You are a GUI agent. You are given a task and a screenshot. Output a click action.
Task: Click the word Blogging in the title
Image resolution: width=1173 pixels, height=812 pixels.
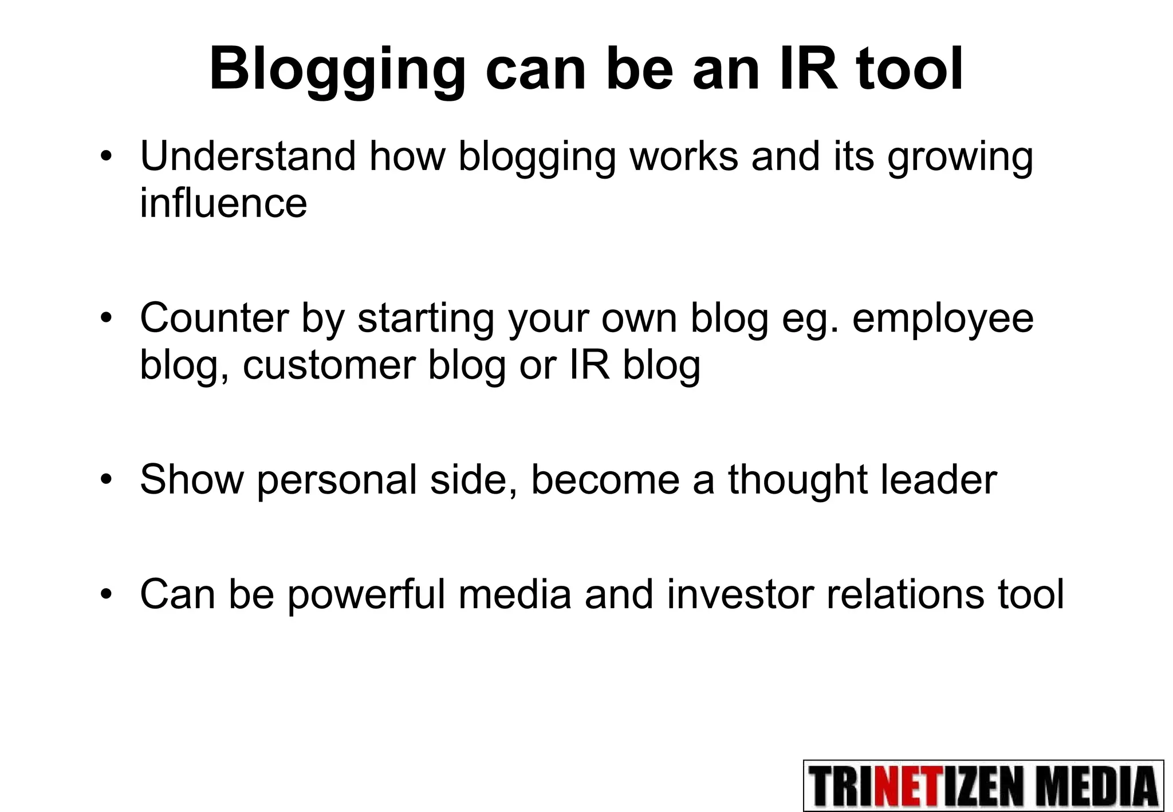(337, 72)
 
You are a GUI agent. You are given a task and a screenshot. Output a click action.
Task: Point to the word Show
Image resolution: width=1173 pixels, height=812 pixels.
(191, 479)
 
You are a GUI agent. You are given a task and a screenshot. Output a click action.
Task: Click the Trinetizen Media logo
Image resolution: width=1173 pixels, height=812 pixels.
(983, 786)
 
